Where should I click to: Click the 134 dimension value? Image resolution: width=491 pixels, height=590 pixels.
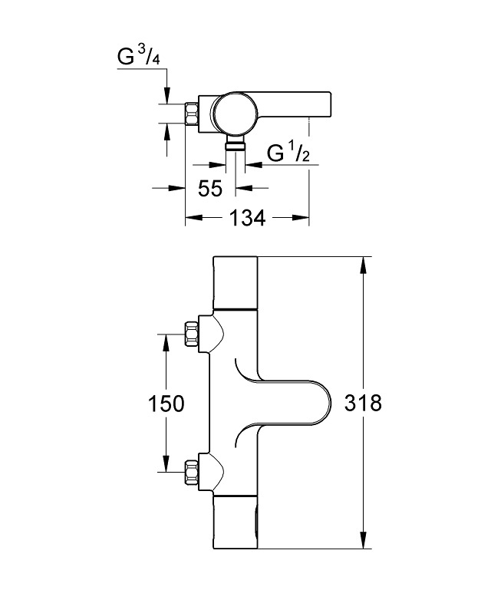247,218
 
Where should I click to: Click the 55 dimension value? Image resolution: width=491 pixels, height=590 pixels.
210,187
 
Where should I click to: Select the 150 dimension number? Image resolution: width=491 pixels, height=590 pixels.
166,403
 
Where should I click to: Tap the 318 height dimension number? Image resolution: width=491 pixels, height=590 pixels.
363,403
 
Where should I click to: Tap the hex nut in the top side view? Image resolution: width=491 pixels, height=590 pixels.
191,114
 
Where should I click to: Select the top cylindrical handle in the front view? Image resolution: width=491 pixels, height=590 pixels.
234,282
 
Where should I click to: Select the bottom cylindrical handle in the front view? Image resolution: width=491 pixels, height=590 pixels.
234,522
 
